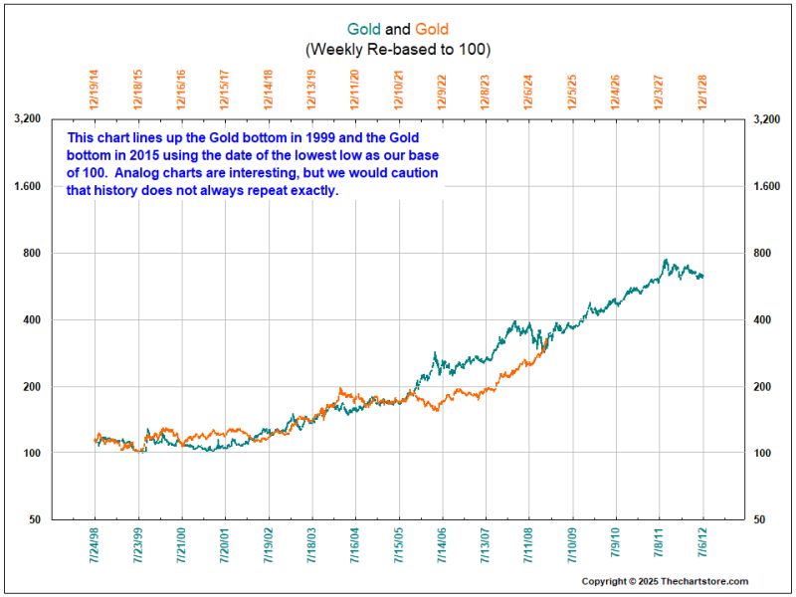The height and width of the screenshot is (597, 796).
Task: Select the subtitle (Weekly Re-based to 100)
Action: [398, 49]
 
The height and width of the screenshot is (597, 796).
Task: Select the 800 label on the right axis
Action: [763, 253]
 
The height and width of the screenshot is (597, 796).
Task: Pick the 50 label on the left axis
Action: [32, 519]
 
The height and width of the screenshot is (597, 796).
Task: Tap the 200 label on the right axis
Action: [763, 386]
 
